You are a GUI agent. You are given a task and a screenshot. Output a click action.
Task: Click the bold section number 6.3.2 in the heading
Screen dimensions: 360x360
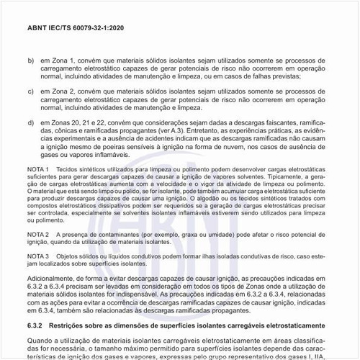point(37,326)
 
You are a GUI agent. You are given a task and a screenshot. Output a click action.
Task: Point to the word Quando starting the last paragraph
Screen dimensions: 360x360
point(40,341)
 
